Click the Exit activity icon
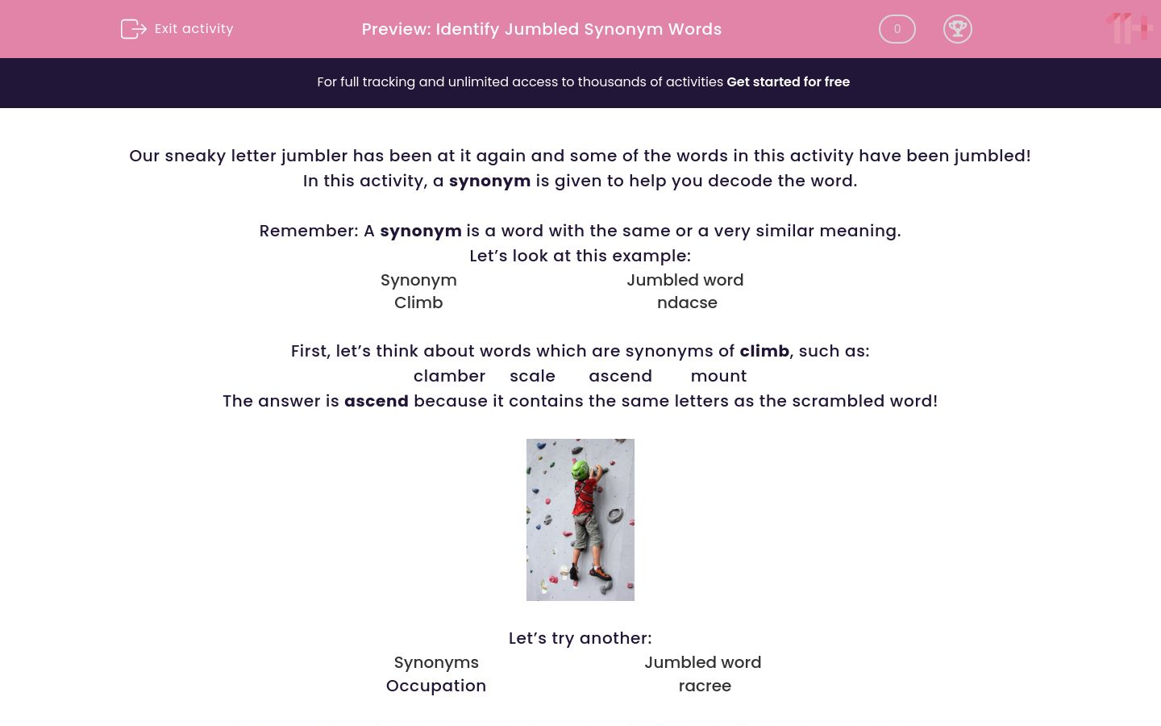pos(133,29)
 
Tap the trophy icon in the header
pos(957,29)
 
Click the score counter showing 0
pos(897,29)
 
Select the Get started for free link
pos(788,82)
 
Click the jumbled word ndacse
pos(687,303)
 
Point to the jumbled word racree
pos(705,686)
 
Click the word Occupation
pos(435,686)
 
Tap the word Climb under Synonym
pos(418,303)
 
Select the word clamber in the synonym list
pos(449,377)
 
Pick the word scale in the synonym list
pos(532,377)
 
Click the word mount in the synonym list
pos(718,377)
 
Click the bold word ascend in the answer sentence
pos(376,402)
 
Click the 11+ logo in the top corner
pos(1130,29)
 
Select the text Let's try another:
pos(580,639)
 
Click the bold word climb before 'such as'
pos(764,352)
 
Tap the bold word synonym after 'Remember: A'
pos(420,232)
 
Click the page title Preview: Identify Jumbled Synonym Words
pos(541,30)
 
